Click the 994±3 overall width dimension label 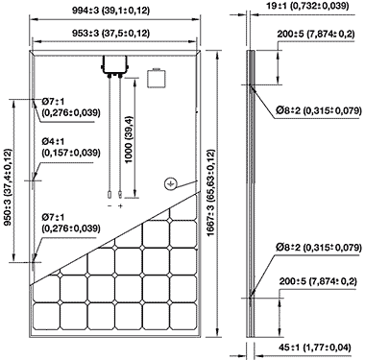(x=110, y=11)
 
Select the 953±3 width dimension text (x=110, y=34)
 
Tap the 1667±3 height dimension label (x=210, y=193)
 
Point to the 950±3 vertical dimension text (x=8, y=186)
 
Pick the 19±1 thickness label (x=307, y=6)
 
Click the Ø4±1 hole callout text (x=71, y=147)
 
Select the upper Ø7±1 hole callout (x=71, y=108)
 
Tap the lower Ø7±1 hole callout (x=71, y=223)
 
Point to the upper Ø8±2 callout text (x=319, y=110)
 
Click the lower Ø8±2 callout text (x=319, y=248)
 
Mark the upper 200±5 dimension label (x=316, y=35)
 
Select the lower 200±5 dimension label (x=318, y=281)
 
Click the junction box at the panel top (x=114, y=66)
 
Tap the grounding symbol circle (x=170, y=183)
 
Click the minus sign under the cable (x=109, y=206)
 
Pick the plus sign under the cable (x=120, y=206)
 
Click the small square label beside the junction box (x=157, y=78)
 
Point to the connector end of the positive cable (x=120, y=194)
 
